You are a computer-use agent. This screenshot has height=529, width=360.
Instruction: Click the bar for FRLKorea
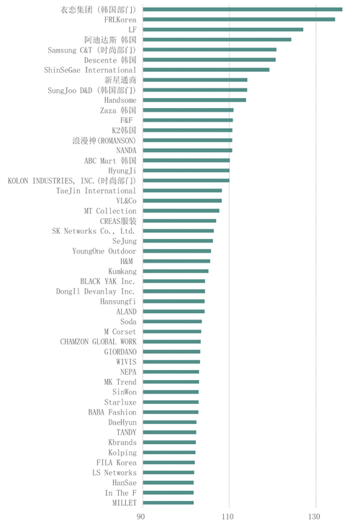pyautogui.click(x=239, y=19)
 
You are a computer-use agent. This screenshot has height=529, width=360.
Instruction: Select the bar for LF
pyautogui.click(x=223, y=30)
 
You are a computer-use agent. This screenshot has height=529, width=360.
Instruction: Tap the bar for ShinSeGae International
pyautogui.click(x=206, y=70)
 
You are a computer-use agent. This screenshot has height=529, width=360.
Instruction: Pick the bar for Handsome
pyautogui.click(x=194, y=100)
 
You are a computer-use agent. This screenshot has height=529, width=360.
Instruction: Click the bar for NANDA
pyautogui.click(x=188, y=150)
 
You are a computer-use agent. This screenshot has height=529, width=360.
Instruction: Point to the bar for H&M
pyautogui.click(x=176, y=261)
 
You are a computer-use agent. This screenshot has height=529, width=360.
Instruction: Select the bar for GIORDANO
pyautogui.click(x=171, y=351)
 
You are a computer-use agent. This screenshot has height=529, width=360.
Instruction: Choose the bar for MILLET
pyautogui.click(x=168, y=502)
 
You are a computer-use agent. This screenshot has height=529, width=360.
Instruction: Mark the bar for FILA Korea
pyautogui.click(x=168, y=463)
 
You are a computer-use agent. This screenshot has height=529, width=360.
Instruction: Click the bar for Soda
pyautogui.click(x=172, y=322)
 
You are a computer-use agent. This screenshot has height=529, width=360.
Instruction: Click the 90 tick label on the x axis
pyautogui.click(x=141, y=517)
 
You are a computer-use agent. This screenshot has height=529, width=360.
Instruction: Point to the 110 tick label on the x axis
pyautogui.click(x=228, y=517)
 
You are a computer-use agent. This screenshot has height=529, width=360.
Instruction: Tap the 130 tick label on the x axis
pyautogui.click(x=314, y=517)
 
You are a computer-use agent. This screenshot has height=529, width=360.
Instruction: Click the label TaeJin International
pyautogui.click(x=96, y=191)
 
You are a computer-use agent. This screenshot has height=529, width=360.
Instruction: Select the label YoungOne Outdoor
pyautogui.click(x=104, y=251)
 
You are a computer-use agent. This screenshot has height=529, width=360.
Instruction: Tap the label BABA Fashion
pyautogui.click(x=112, y=412)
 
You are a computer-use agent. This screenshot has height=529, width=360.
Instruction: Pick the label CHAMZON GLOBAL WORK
pyautogui.click(x=98, y=342)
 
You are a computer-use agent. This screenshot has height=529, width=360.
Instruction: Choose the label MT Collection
pyautogui.click(x=110, y=211)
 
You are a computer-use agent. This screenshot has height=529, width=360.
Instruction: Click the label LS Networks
pyautogui.click(x=114, y=473)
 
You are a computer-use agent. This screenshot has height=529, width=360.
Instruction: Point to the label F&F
pyautogui.click(x=127, y=120)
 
